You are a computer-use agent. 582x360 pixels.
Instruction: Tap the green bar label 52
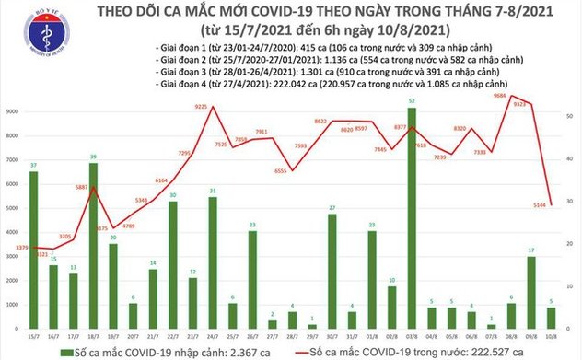pos(411,100)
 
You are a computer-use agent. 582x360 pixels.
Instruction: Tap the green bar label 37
pos(33,165)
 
